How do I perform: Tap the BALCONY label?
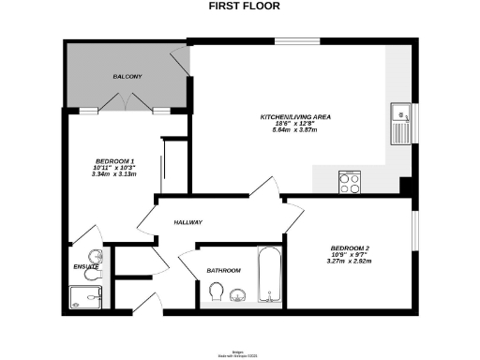127,75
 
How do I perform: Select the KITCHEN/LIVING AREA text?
295,117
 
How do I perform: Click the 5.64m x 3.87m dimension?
295,130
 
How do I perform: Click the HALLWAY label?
187,222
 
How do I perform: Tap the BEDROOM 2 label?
351,247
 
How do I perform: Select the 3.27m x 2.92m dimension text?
351,262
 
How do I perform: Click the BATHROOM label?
224,271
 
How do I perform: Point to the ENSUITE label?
86,267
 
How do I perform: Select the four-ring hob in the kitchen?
351,182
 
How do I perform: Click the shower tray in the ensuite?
89,297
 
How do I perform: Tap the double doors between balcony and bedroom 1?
126,109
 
